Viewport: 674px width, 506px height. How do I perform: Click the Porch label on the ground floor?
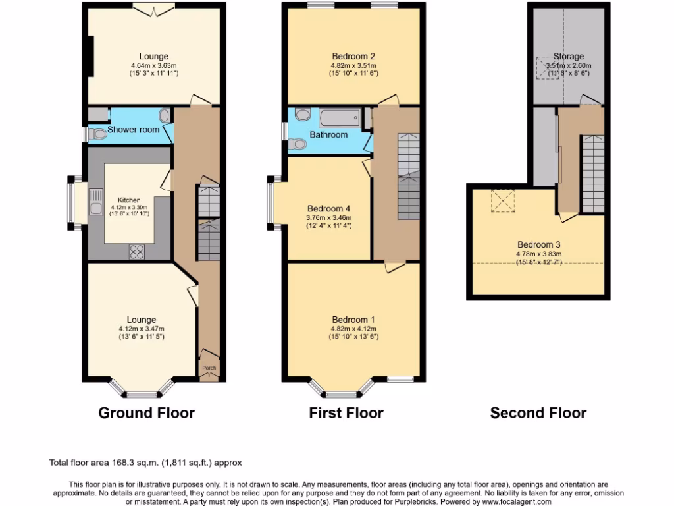(209, 368)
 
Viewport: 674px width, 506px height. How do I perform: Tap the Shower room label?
(133, 130)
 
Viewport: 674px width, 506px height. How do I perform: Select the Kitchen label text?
(129, 200)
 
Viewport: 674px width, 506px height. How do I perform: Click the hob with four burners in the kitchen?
(138, 250)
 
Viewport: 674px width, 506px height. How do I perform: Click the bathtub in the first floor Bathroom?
(340, 119)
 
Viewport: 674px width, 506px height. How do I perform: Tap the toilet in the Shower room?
(98, 134)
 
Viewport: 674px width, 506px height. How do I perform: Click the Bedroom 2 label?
(353, 56)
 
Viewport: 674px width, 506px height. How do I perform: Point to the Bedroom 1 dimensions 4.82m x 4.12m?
(353, 329)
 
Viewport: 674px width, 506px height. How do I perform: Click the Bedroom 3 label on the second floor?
(538, 244)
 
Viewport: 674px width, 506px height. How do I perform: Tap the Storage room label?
(568, 56)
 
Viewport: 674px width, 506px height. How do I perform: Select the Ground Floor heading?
(146, 413)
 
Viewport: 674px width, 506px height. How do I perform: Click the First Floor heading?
(346, 413)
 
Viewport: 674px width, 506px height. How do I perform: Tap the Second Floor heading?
(538, 413)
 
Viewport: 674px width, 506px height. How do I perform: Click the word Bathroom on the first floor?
(329, 135)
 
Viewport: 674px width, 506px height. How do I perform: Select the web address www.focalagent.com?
(510, 501)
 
